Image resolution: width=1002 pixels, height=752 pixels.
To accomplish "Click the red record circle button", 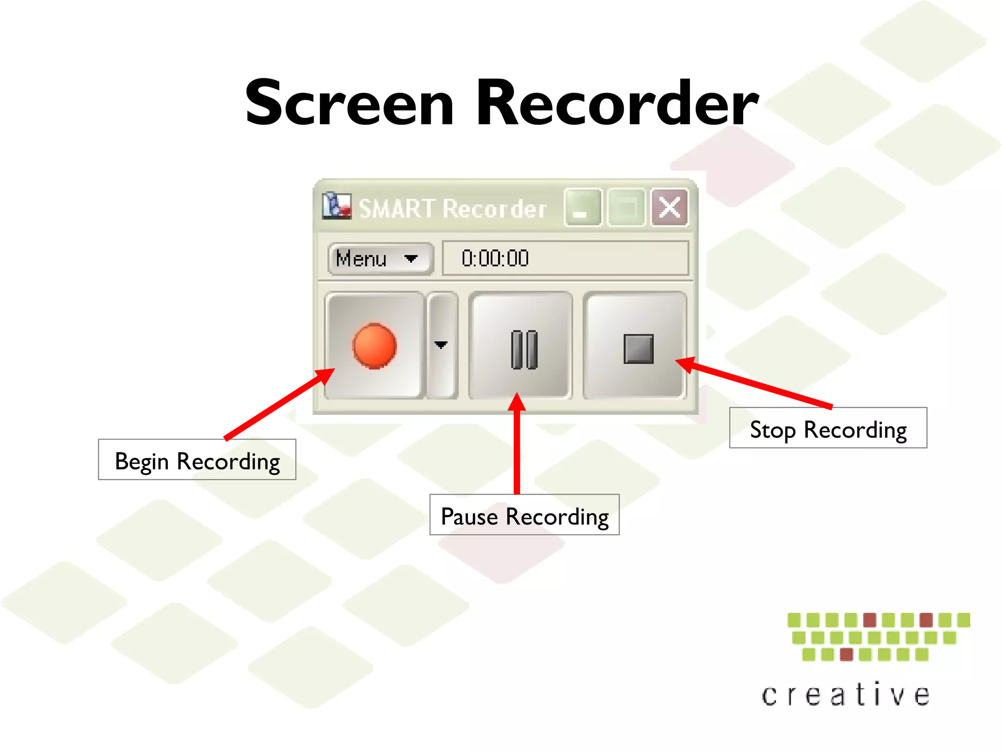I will pos(374,346).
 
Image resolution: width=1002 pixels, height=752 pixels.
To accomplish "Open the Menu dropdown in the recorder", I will pos(380,258).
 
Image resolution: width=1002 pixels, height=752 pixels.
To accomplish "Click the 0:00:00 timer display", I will pos(565,258).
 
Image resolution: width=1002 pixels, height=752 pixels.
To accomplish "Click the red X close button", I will pos(669,208).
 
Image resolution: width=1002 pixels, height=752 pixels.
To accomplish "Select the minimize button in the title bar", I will pos(582,208).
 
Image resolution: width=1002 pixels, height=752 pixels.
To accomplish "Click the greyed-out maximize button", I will pos(626,208).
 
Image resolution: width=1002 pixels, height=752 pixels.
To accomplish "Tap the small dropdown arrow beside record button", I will pos(441,345).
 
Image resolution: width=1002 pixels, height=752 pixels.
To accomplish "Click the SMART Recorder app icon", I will pos(337,206).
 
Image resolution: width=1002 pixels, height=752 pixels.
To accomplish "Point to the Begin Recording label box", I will pos(197,460).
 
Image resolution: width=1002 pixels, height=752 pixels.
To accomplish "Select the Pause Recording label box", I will pos(524,515).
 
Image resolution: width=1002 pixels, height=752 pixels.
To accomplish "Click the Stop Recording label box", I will pos(828,428).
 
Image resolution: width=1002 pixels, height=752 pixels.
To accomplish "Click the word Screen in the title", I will pos(349,104).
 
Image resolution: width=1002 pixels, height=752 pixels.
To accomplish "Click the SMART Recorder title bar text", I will pos(453,209).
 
